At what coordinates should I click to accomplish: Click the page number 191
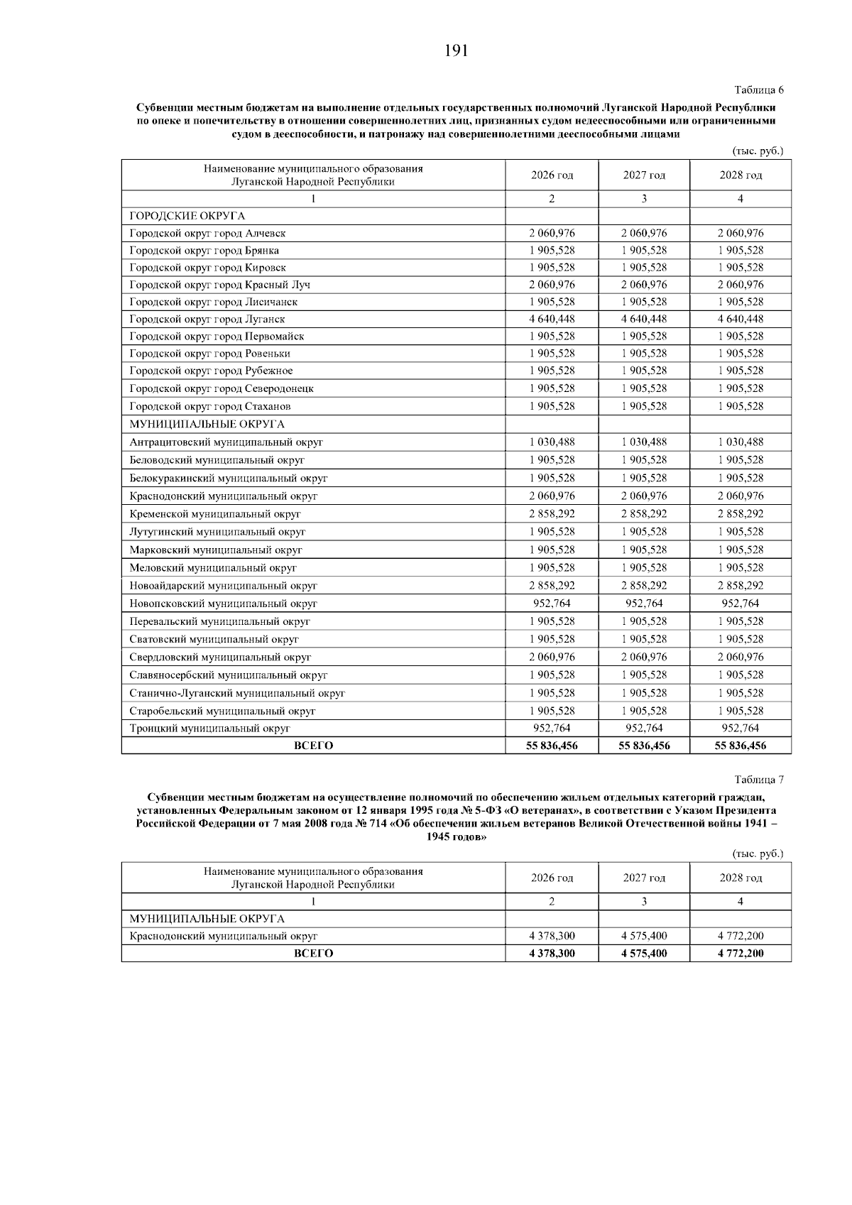click(457, 50)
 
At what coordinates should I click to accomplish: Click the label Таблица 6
click(758, 90)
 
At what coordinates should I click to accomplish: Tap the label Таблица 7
click(758, 779)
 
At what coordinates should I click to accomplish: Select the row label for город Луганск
click(207, 320)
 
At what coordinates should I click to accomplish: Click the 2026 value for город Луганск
click(552, 319)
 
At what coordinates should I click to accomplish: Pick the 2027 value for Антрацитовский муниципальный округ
click(644, 442)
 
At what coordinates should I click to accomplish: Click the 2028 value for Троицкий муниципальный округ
click(741, 728)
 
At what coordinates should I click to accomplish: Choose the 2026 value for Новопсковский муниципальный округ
click(552, 604)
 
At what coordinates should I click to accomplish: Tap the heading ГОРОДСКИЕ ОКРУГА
click(187, 216)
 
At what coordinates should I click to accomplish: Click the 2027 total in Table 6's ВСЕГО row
click(644, 746)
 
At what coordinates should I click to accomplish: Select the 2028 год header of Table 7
click(741, 878)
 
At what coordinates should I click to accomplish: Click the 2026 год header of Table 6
click(552, 175)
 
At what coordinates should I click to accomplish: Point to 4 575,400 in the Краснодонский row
click(644, 936)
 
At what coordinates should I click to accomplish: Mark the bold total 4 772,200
click(741, 954)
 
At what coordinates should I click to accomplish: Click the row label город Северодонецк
click(222, 388)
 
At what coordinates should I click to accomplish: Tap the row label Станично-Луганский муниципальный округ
click(237, 693)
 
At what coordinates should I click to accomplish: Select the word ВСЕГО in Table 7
click(313, 954)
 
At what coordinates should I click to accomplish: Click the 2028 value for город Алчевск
click(741, 233)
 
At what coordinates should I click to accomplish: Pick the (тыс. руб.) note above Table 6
click(757, 151)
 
